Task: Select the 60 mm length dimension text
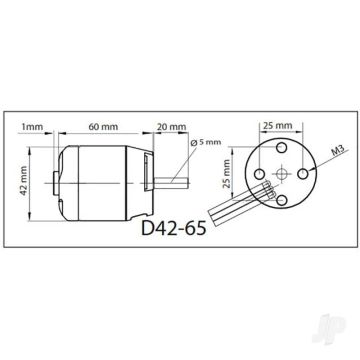pyautogui.click(x=99, y=128)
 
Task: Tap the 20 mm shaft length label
pyautogui.click(x=171, y=128)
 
